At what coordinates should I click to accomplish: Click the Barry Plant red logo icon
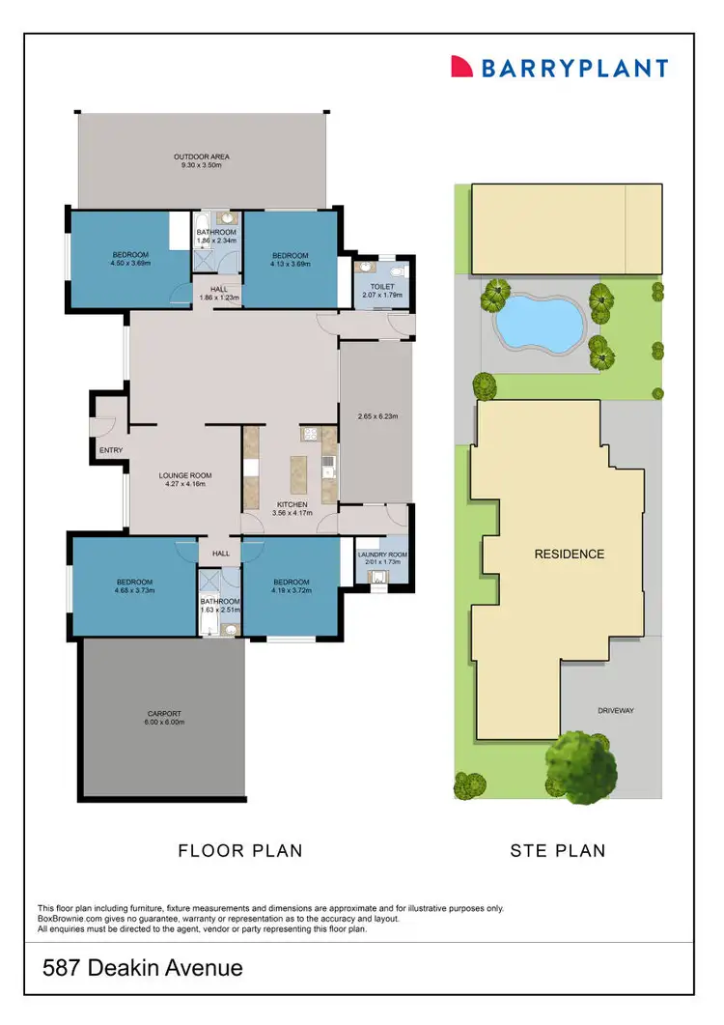coord(462,67)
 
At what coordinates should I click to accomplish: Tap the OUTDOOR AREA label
coord(201,160)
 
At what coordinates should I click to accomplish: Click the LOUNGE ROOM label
coord(185,480)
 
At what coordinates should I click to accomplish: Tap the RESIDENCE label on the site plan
coord(570,555)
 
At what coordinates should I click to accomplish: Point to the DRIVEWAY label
coord(614,710)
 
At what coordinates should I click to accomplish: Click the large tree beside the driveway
coord(581,767)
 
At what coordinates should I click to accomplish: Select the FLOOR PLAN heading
coord(240,851)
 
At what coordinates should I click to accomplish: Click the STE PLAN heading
coord(557,851)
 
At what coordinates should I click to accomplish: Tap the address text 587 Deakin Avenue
coord(141,968)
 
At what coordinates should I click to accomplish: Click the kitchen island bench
coord(296,473)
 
